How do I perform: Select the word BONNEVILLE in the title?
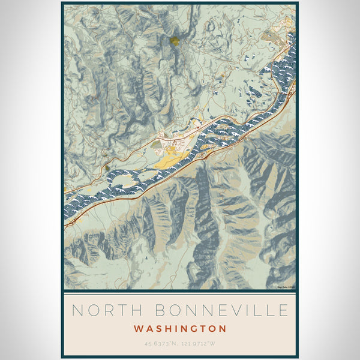[222, 310]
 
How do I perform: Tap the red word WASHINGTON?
[180, 329]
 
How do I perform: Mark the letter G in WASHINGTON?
[194, 329]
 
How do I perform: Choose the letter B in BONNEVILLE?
[161, 310]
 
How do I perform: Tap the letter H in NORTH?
[137, 310]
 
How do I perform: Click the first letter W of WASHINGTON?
[139, 329]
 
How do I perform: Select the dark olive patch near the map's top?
[174, 41]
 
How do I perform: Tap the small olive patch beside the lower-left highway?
[107, 169]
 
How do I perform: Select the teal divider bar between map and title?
[180, 292]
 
